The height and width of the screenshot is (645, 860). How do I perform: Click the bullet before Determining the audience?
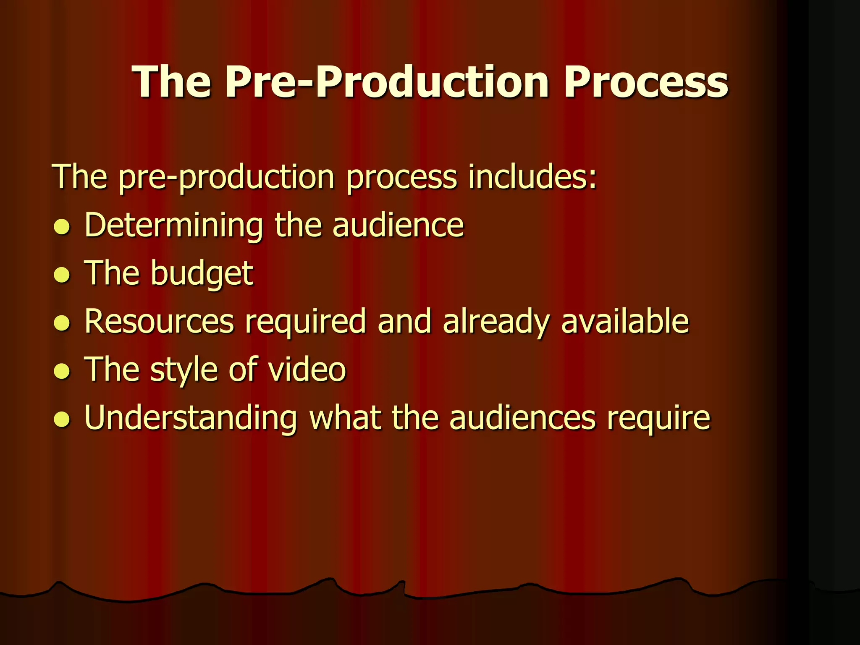click(62, 227)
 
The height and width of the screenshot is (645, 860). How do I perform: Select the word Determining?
click(173, 226)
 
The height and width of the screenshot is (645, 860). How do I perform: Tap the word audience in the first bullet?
click(398, 225)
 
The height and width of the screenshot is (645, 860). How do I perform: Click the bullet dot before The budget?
click(62, 275)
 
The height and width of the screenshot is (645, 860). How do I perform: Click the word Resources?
click(159, 322)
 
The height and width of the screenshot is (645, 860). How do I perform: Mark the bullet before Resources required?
click(62, 323)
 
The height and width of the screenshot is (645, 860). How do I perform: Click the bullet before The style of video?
click(62, 371)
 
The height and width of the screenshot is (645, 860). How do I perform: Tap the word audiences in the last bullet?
click(522, 419)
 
